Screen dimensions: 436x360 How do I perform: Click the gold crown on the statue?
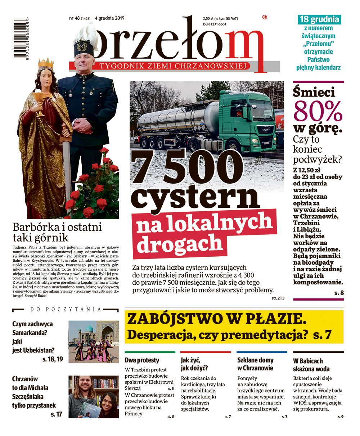click(45, 63)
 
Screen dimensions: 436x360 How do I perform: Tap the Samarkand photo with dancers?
click(94, 341)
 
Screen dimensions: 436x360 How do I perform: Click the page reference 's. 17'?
click(56, 414)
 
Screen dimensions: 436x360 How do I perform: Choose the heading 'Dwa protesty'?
click(142, 360)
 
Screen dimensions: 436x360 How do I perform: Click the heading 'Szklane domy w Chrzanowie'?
click(255, 364)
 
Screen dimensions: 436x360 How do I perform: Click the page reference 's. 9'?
click(340, 417)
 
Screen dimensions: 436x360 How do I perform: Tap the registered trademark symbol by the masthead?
click(265, 17)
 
